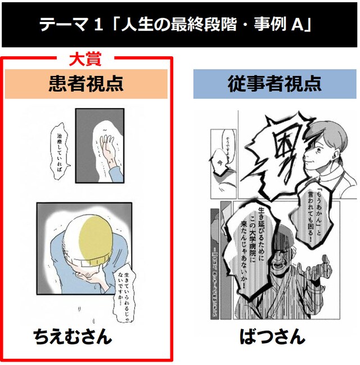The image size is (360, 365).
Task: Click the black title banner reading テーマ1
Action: [x=180, y=25]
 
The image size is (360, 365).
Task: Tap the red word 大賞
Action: [x=84, y=59]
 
